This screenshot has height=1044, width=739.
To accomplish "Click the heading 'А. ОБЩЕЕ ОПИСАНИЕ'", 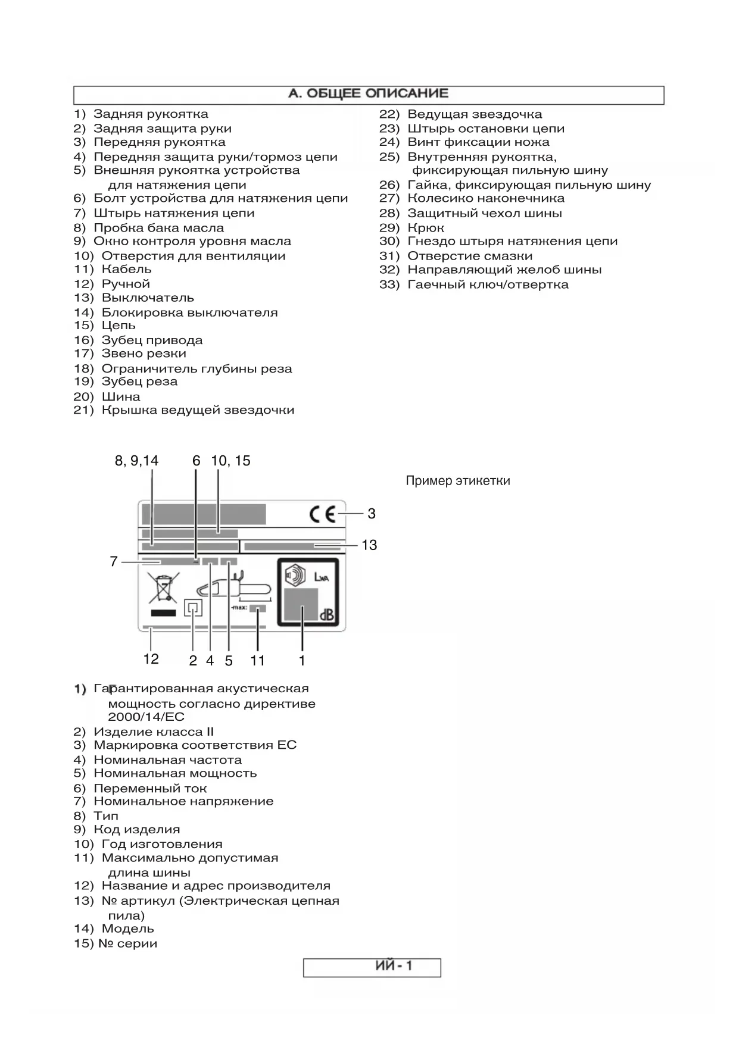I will point(368,94).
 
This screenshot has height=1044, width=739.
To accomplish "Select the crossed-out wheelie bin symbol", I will point(164,589).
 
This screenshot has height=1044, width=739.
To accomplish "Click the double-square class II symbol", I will point(193,608).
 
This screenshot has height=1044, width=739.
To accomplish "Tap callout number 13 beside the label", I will point(369,545).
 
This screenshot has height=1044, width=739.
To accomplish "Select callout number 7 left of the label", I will point(114,561).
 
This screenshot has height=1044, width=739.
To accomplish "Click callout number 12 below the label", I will point(151,659).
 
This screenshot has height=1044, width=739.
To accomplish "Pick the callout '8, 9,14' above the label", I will point(137,461).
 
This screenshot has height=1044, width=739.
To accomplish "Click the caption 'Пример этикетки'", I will point(457,481).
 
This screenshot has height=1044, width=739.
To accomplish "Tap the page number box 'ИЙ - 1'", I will point(372,967).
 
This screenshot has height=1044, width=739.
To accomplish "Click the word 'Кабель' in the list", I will point(126,270).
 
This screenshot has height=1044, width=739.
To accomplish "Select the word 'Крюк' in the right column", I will point(425,228).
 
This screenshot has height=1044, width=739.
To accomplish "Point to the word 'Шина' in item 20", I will point(121,396).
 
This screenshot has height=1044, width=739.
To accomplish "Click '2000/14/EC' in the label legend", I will point(146,717).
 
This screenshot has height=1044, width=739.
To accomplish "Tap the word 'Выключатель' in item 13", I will point(148,298).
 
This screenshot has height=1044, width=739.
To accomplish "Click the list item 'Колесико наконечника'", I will point(485,198).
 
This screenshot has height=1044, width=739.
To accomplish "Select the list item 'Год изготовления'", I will point(161,844).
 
